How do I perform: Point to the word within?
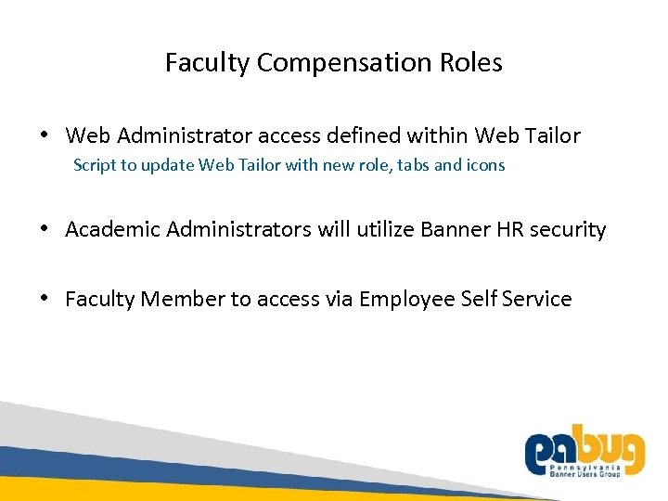pos(437,136)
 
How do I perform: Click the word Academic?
pos(113,229)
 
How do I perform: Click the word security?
pos(569,229)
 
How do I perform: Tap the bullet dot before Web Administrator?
pos(45,136)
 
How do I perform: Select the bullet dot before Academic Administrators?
pos(45,229)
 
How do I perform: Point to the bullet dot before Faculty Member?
pos(45,299)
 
